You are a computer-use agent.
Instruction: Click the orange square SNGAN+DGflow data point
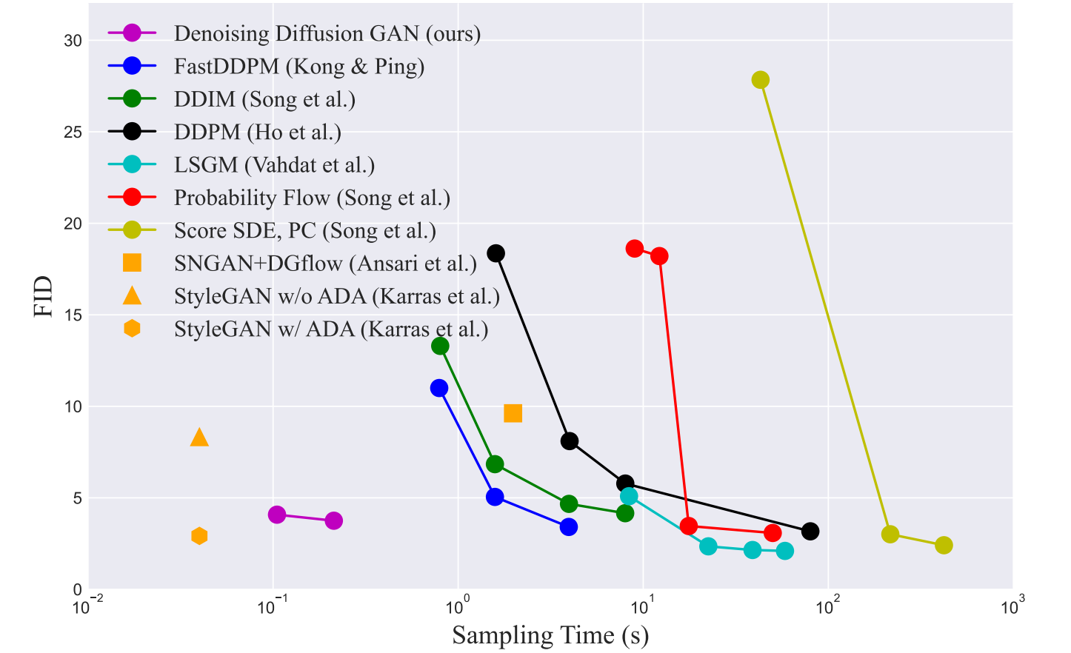pyautogui.click(x=513, y=413)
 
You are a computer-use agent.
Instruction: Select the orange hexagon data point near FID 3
pyautogui.click(x=199, y=536)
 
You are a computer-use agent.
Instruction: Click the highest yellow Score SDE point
pyautogui.click(x=760, y=80)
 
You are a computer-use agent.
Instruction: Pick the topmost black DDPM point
pyautogui.click(x=496, y=253)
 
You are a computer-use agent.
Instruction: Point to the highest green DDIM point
pyautogui.click(x=440, y=346)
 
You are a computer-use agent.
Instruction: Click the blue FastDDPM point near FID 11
pyautogui.click(x=439, y=388)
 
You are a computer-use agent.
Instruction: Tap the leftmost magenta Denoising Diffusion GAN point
pyautogui.click(x=277, y=515)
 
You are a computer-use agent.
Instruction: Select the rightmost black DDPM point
pyautogui.click(x=810, y=531)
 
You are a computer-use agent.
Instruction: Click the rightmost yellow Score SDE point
pyautogui.click(x=944, y=545)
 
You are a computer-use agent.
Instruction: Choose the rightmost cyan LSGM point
pyautogui.click(x=785, y=551)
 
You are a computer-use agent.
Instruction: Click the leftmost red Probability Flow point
pyautogui.click(x=635, y=249)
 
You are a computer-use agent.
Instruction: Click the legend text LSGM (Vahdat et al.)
pyautogui.click(x=274, y=164)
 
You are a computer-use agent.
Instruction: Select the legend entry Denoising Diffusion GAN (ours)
pyautogui.click(x=327, y=33)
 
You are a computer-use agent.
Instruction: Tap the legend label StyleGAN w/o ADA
pyautogui.click(x=336, y=296)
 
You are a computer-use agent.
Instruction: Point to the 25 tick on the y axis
pyautogui.click(x=73, y=132)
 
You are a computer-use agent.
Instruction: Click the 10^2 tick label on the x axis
pyautogui.click(x=827, y=608)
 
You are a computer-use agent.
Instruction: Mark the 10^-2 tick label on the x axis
pyautogui.click(x=90, y=608)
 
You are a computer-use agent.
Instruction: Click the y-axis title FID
pyautogui.click(x=44, y=296)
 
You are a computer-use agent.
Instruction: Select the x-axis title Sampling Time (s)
pyautogui.click(x=550, y=635)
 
